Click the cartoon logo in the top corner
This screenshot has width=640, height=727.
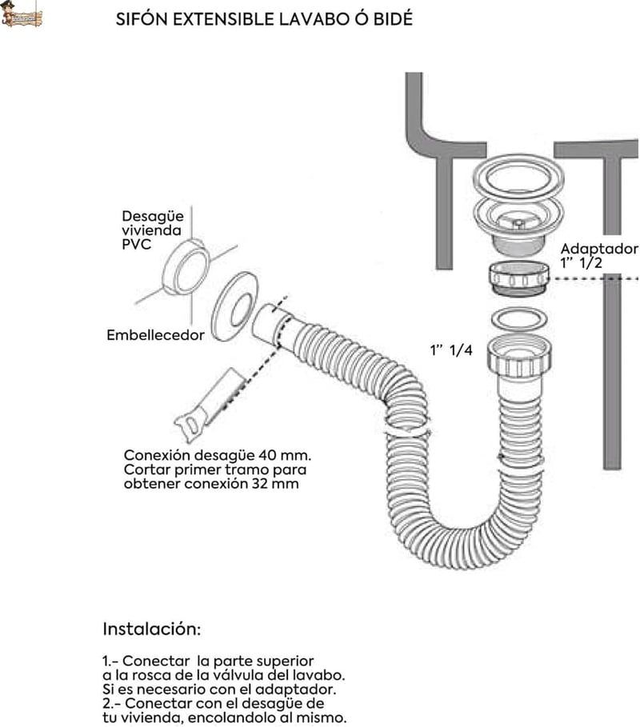tap(22, 14)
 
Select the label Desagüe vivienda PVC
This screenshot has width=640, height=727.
tap(152, 230)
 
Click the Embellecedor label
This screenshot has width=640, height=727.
tap(155, 335)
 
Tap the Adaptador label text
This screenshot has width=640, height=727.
tap(599, 249)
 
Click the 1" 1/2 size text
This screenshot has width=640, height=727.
tap(581, 263)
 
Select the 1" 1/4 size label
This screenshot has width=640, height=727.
tap(451, 350)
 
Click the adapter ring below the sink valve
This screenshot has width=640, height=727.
tap(519, 278)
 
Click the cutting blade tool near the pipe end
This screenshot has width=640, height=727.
tap(209, 405)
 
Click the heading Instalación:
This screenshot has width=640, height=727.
tap(152, 629)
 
